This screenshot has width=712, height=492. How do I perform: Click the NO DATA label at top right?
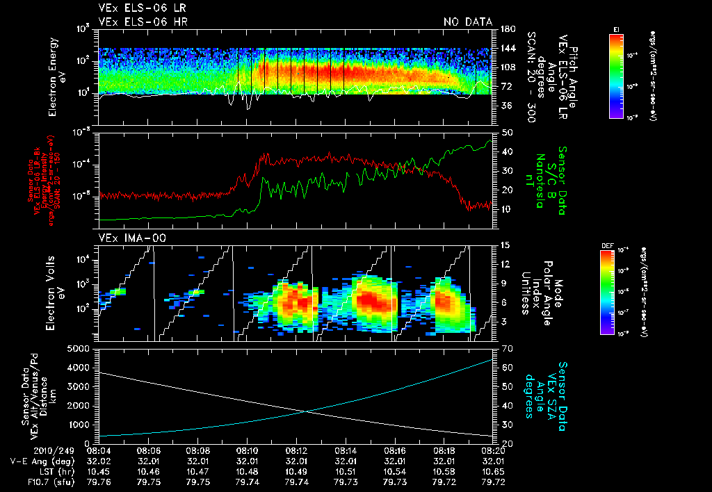click(468, 22)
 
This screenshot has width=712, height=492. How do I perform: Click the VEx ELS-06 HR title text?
click(143, 22)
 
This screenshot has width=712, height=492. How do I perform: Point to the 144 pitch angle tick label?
click(506, 49)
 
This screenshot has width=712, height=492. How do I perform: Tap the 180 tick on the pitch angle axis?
click(506, 29)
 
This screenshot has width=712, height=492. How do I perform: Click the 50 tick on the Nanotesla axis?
click(506, 132)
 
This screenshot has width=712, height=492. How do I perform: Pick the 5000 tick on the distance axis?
click(81, 348)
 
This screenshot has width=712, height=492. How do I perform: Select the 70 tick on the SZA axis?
click(506, 348)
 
